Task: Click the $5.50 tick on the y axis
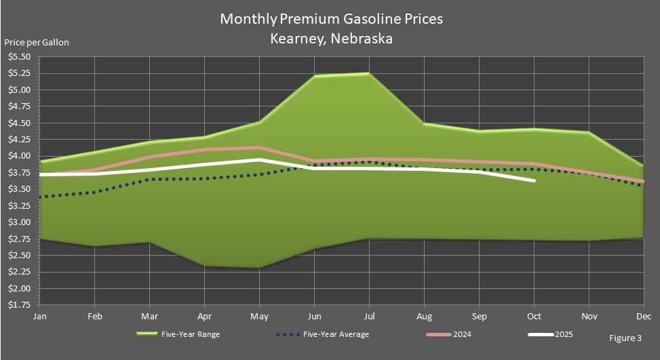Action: click(x=18, y=56)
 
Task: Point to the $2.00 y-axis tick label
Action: click(x=18, y=289)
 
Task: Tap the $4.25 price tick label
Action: click(x=18, y=140)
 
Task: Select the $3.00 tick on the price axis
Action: click(x=18, y=222)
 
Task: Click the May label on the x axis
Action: click(x=258, y=316)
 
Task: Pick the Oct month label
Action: click(x=534, y=316)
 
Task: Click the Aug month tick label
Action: click(x=424, y=316)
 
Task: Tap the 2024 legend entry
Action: click(x=464, y=334)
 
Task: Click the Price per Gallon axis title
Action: click(x=37, y=42)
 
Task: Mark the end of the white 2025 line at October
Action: click(x=534, y=180)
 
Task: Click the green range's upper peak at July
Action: click(x=368, y=73)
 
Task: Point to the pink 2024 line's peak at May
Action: click(x=258, y=147)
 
